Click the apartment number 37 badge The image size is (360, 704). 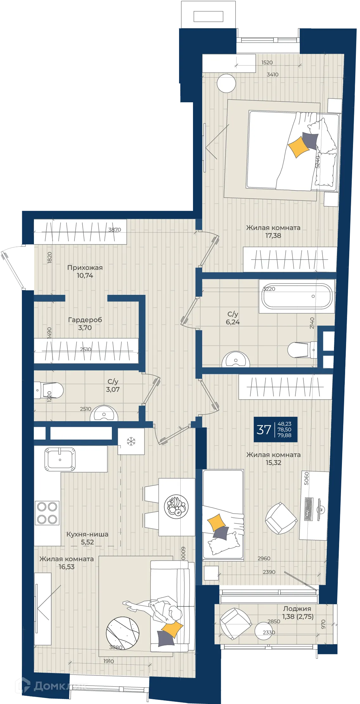275,429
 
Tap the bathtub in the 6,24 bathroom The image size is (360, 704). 297,296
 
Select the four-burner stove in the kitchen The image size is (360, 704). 47,513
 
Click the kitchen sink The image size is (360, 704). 60,459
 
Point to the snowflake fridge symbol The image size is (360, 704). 131,441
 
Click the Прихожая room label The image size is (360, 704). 85,268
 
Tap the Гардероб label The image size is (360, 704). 85,320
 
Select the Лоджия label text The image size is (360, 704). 297,608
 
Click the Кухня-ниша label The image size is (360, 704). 87,534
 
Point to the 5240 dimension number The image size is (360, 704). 318,162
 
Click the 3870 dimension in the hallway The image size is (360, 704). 115,230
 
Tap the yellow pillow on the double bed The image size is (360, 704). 298,147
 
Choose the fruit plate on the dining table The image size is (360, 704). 176,506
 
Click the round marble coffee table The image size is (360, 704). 123,633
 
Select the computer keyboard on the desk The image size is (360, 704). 309,509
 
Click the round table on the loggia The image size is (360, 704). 264,631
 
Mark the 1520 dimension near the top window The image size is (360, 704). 267,62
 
